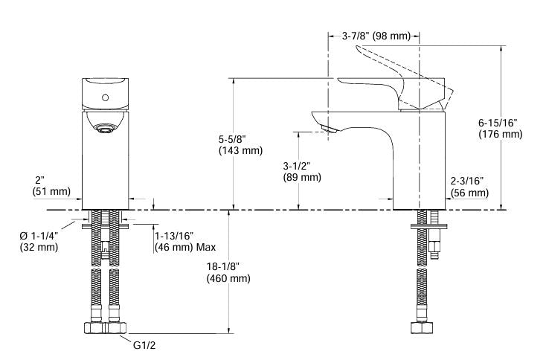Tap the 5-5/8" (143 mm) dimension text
[240, 144]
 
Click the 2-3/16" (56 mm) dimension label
[468, 187]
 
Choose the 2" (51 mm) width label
[51, 186]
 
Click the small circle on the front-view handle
[106, 97]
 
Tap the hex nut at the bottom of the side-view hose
[420, 328]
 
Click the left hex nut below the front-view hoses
[94, 328]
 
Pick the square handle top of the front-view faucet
[105, 93]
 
